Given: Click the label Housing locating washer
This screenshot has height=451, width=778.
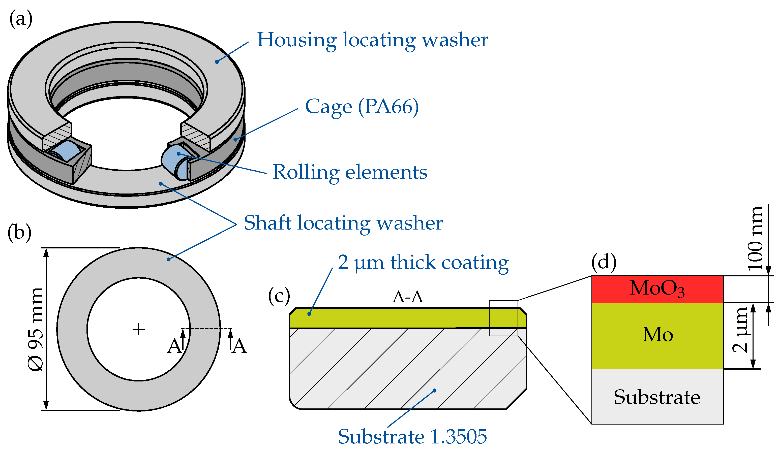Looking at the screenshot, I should [x=372, y=40].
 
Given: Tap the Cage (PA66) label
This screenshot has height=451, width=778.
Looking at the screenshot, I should [x=362, y=107].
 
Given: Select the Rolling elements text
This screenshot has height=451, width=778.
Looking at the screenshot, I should [x=350, y=172].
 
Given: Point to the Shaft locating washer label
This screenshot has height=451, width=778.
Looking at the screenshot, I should [x=343, y=223].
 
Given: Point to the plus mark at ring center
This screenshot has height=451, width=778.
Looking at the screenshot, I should [x=139, y=329].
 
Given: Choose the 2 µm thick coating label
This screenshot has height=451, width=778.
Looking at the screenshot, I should [x=423, y=263].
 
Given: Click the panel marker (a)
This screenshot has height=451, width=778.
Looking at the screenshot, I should [x=21, y=19].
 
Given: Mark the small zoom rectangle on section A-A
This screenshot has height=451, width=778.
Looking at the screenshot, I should [x=503, y=318].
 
